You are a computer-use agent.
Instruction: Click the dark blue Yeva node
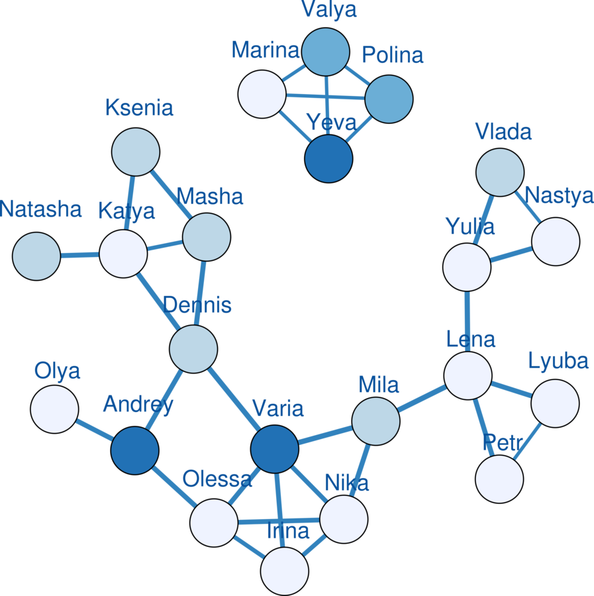[x=328, y=159]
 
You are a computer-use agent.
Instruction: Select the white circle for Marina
[x=262, y=94]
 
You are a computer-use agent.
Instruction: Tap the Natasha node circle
[x=36, y=256]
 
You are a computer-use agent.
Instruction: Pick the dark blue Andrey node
[x=134, y=450]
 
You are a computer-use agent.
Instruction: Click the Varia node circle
[x=275, y=450]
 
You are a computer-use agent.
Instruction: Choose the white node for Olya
[x=54, y=409]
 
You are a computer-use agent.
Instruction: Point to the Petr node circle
[x=499, y=479]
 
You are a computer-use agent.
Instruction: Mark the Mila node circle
[x=375, y=421]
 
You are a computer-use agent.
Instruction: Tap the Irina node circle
[x=285, y=571]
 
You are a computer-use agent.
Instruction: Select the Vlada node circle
[x=500, y=172]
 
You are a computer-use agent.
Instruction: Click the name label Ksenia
[x=139, y=108]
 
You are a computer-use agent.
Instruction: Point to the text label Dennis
[x=197, y=305]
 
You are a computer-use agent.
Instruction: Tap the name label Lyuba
[x=558, y=361]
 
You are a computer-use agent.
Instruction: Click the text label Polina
[x=392, y=56]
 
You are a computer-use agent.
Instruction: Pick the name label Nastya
[x=559, y=196]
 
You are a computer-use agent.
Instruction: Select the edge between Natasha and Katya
[x=79, y=255]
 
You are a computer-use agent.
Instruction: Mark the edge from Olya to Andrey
[x=94, y=430]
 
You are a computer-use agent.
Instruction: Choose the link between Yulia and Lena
[x=468, y=322]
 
